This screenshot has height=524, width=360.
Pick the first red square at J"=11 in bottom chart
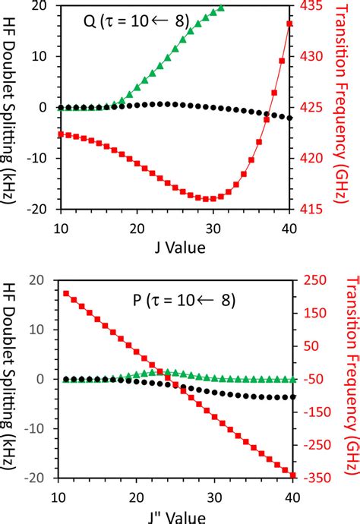67,293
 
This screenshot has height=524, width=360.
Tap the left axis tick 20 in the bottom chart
42,279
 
